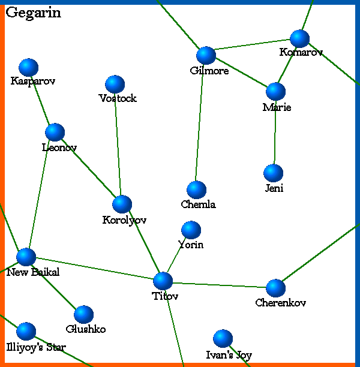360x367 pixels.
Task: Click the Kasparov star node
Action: point(28,68)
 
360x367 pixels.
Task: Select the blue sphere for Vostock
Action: point(114,85)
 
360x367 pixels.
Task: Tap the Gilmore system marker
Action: point(206,55)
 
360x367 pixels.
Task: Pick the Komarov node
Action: point(299,38)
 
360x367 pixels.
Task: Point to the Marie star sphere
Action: point(275,91)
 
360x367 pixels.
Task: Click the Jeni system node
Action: point(273,173)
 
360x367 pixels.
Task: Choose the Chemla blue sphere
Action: point(196,190)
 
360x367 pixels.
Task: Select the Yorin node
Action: point(191,230)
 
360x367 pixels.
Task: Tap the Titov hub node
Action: point(163,281)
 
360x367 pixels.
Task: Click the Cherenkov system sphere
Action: point(275,288)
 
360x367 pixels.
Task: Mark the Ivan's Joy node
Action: point(223,339)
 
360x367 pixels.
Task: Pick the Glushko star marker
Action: point(84,314)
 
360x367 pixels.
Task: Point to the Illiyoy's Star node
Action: point(26,331)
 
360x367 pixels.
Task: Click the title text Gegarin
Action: point(33,13)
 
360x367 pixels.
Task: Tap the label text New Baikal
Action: point(33,273)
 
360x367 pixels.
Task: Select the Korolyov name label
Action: point(124,221)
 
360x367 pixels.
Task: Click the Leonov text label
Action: point(59,148)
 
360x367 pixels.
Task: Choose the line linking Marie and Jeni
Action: point(275,132)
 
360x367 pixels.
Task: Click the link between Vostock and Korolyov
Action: point(118,144)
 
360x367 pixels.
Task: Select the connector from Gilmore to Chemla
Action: point(201,123)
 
